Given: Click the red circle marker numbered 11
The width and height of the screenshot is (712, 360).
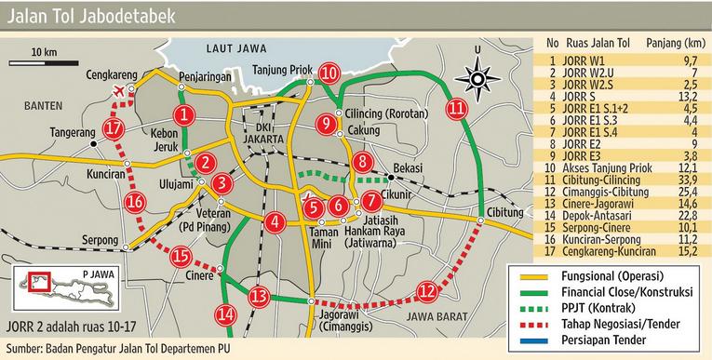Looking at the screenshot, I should [x=456, y=109].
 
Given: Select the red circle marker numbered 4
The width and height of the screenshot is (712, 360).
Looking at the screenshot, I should [x=275, y=222].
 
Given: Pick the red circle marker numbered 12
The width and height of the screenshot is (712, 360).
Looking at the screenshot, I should [x=426, y=290].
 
